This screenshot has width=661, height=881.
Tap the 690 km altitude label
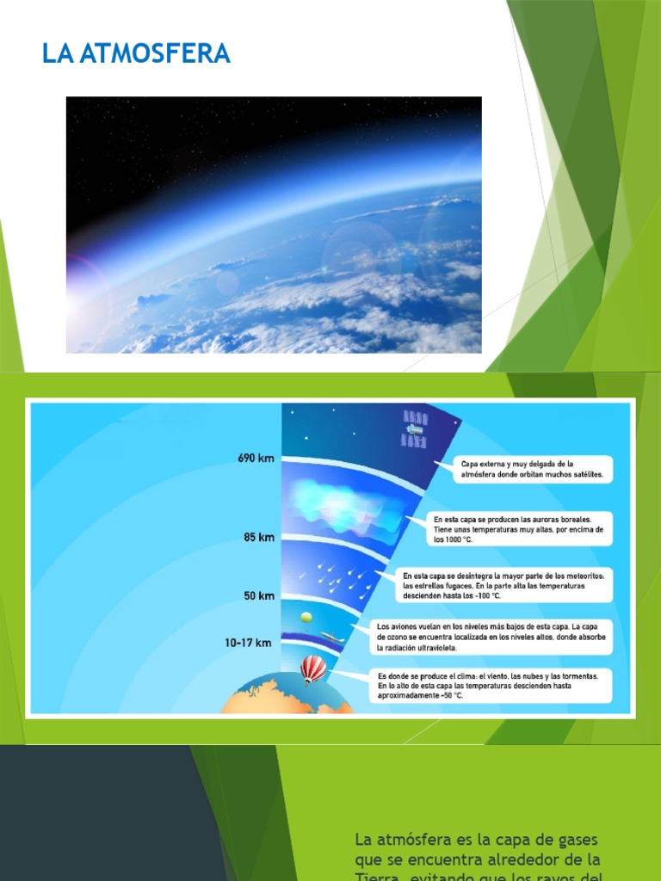pos(256,459)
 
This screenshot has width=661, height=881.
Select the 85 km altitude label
pos(259,538)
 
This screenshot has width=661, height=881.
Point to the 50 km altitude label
pos(259,595)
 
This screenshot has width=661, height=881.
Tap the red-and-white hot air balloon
pos(313,668)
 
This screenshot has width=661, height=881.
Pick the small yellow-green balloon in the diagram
pos(306,618)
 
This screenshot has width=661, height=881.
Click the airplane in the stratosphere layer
pos(331,638)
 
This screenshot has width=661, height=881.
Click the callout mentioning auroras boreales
pos(520,529)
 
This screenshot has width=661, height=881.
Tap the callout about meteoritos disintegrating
pos(504,585)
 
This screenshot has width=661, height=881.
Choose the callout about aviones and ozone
pos(491,637)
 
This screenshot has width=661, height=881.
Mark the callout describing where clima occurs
pos(493,686)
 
